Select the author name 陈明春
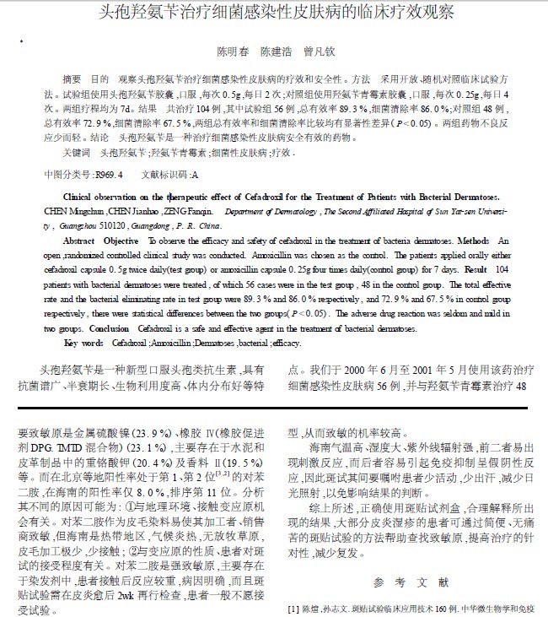click(234, 51)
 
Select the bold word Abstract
click(81, 241)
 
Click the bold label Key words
click(83, 344)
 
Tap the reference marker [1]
click(294, 608)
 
